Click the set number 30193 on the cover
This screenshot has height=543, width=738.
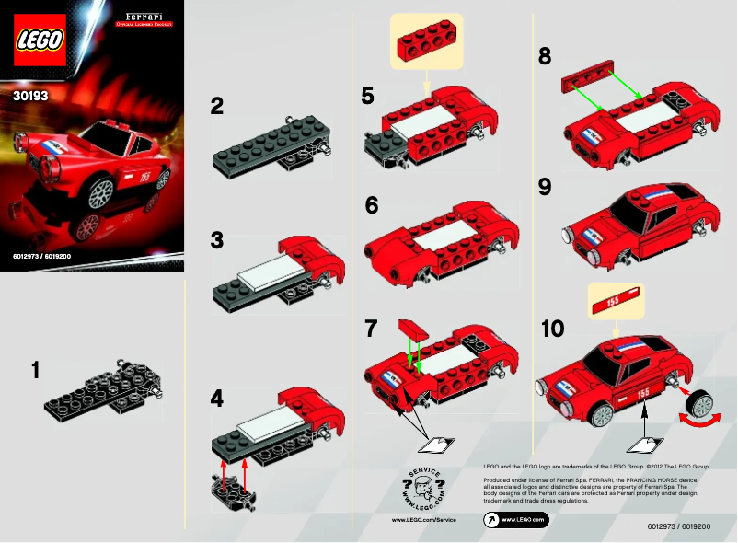point(30,94)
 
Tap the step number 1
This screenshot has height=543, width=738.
point(35,371)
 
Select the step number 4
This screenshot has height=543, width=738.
point(217,399)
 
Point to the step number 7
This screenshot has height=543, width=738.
point(371,327)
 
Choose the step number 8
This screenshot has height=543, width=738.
point(546,57)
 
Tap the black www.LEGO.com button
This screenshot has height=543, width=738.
point(516,520)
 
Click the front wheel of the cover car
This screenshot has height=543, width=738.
point(100,191)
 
